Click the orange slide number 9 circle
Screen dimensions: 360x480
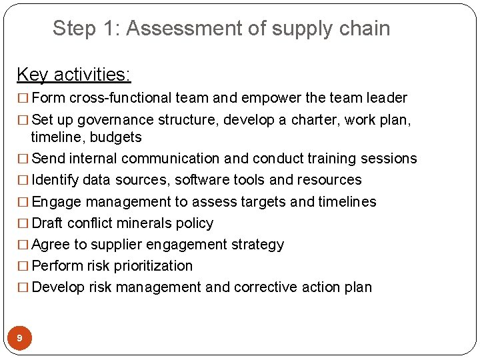19,339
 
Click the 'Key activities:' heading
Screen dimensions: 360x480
73,74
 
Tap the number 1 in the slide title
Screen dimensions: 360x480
110,29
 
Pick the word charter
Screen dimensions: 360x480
307,120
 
